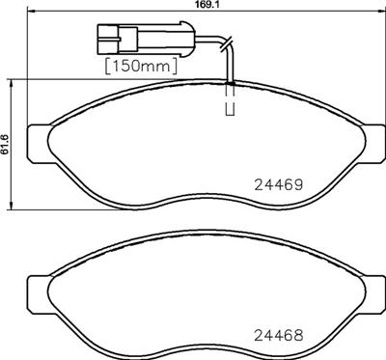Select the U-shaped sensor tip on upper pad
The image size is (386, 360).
(x=230, y=110)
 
